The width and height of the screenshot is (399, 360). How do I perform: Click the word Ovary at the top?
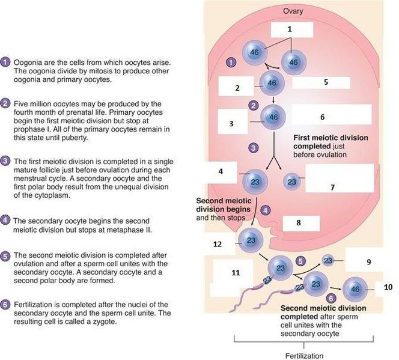click(293, 11)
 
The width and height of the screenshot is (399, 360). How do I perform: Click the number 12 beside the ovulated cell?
click(218, 244)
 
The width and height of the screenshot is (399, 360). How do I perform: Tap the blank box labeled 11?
click(235, 277)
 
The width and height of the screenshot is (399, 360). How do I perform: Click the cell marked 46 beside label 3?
click(274, 117)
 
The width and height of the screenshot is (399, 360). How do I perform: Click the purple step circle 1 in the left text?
click(5, 62)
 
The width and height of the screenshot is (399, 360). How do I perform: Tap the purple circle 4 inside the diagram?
click(266, 210)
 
